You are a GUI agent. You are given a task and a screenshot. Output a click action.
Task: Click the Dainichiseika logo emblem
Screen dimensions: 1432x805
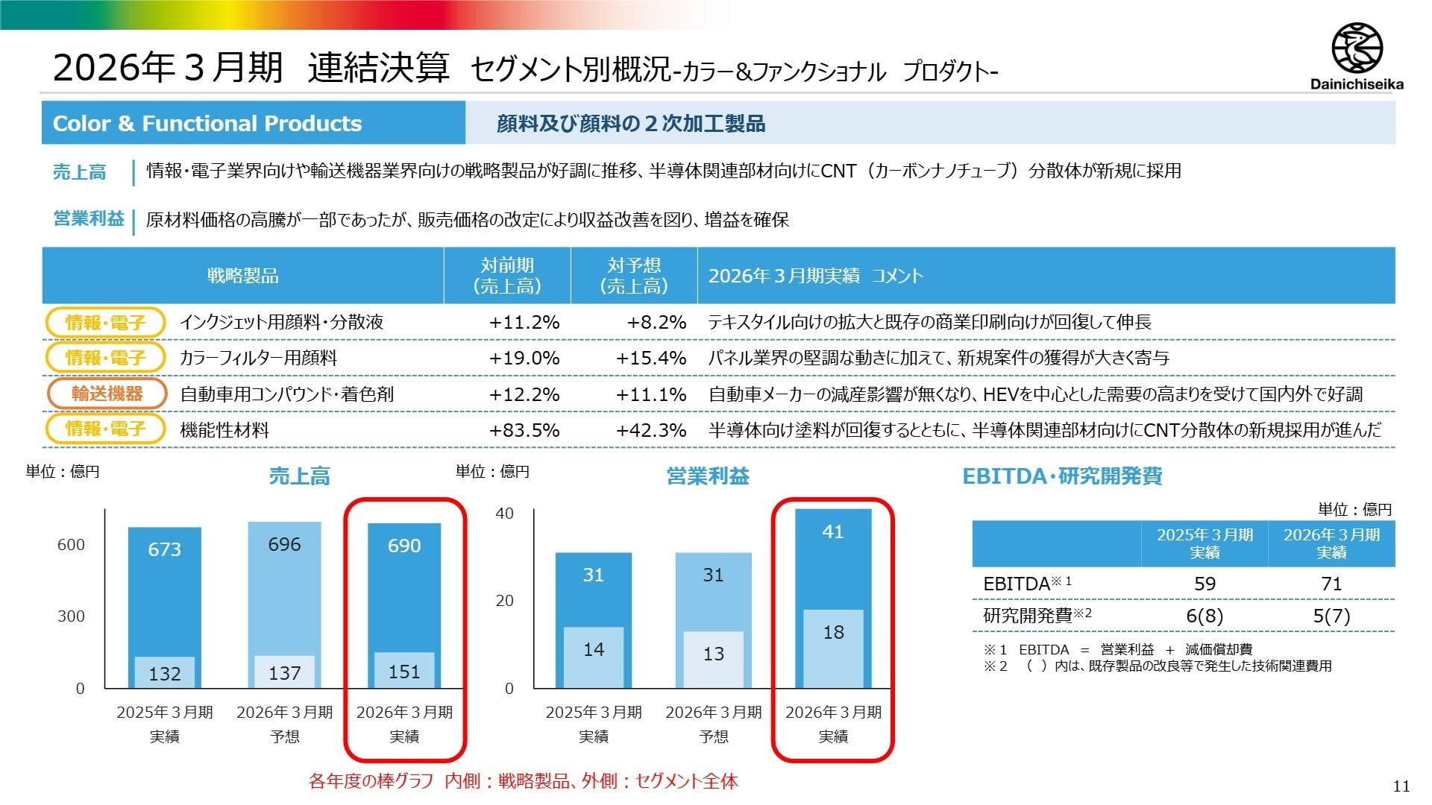click(x=1357, y=48)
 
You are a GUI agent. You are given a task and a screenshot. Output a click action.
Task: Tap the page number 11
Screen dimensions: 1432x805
click(x=1401, y=786)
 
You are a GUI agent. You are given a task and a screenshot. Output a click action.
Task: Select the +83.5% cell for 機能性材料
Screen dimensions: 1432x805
click(x=524, y=430)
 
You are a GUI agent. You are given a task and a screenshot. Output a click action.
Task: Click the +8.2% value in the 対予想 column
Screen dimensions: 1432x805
click(x=656, y=322)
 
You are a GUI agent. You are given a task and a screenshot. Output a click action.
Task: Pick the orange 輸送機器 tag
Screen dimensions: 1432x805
click(x=107, y=394)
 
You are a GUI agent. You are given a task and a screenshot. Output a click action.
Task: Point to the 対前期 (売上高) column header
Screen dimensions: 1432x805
click(x=507, y=275)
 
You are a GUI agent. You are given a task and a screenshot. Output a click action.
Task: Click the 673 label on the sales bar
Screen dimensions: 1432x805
click(x=164, y=549)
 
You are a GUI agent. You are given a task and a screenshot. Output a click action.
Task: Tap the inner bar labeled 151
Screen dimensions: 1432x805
click(x=404, y=670)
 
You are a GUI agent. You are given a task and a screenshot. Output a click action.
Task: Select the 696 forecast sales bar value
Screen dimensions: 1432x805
click(x=284, y=544)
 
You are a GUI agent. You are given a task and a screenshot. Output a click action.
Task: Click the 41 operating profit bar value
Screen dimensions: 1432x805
click(x=832, y=531)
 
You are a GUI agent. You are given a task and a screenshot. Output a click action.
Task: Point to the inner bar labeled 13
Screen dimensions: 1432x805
click(x=713, y=660)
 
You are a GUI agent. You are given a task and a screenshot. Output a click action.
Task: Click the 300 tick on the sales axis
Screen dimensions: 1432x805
click(x=71, y=616)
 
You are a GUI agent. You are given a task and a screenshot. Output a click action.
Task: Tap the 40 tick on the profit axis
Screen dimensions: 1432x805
click(x=505, y=513)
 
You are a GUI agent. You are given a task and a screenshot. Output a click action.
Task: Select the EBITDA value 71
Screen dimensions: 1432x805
click(x=1331, y=584)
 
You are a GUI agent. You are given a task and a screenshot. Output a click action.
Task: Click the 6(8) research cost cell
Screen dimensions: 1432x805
click(x=1205, y=616)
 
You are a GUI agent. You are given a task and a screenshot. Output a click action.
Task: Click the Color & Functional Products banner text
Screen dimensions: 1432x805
click(x=207, y=123)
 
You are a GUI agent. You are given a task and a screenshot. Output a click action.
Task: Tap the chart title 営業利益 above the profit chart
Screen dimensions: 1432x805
click(x=708, y=476)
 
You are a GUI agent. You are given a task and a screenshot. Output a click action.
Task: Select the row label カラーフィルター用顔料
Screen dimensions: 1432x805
click(x=258, y=358)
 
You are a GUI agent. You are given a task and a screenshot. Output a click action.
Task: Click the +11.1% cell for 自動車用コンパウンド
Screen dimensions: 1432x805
click(x=651, y=394)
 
